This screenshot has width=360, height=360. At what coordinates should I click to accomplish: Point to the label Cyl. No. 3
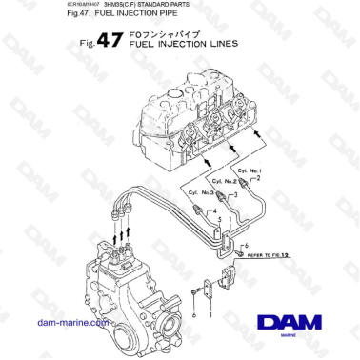[x=203, y=192]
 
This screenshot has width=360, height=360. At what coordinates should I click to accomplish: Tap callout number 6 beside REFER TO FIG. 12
[x=247, y=246]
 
